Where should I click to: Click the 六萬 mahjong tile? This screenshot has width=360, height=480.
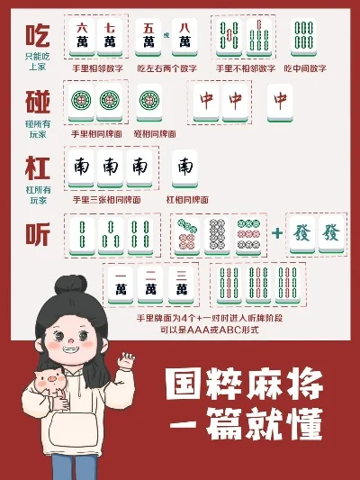(82, 35)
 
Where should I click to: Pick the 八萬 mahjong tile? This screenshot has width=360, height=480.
(184, 35)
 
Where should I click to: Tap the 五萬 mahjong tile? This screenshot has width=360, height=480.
(148, 35)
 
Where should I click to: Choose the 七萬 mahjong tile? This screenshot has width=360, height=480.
(110, 35)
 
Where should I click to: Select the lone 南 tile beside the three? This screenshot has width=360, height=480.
(184, 168)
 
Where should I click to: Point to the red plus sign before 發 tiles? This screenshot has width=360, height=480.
(277, 233)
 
